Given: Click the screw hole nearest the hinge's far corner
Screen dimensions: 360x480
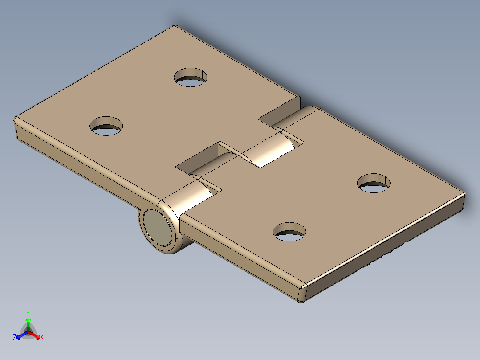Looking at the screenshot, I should point(191,77).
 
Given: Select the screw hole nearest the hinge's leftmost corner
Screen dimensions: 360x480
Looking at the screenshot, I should point(106,126).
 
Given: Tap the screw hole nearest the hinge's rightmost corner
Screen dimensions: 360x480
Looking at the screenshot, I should point(374,183).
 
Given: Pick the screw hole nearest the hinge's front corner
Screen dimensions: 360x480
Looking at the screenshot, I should point(290,232).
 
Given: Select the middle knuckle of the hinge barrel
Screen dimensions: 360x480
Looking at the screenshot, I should point(267,151).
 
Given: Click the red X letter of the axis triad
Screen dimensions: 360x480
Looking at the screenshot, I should point(42,337).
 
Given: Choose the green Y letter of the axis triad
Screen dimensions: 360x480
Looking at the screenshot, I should point(28,313).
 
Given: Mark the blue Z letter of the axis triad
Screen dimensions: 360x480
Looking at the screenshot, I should point(15,337).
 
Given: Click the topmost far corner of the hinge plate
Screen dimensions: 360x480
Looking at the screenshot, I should point(175,26).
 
